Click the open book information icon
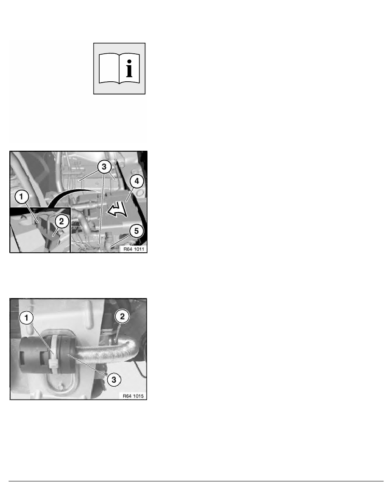tap(119, 69)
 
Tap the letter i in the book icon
tap(129, 68)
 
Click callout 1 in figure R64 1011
tap(22, 196)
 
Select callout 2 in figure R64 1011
tap(61, 221)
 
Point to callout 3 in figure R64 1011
tap(104, 167)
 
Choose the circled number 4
tap(137, 181)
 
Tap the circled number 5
tap(137, 231)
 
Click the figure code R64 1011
tap(134, 249)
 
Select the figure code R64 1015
tap(133, 396)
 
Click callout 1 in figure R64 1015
tap(26, 318)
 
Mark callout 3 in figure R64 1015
tap(114, 380)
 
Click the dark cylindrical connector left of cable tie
tap(34, 355)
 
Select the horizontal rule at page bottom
tap(196, 481)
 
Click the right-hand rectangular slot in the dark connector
tap(43, 355)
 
